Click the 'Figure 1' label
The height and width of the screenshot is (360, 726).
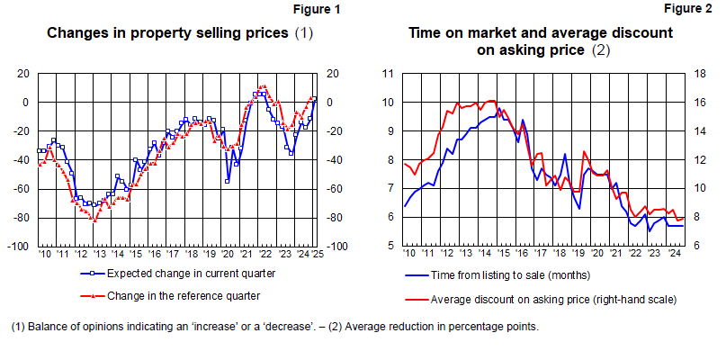tap(318, 10)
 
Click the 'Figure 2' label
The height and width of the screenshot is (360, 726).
tap(688, 10)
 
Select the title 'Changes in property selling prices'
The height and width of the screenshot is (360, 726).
tap(168, 33)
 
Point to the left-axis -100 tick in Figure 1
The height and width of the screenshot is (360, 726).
tap(20, 247)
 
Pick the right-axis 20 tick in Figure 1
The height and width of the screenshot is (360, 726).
tap(330, 74)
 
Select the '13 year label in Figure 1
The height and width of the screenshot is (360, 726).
tap(99, 255)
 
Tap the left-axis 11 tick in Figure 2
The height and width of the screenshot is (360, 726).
tap(390, 74)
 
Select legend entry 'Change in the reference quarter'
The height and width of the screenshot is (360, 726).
tap(184, 294)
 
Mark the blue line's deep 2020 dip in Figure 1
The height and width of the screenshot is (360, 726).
tap(227, 182)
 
